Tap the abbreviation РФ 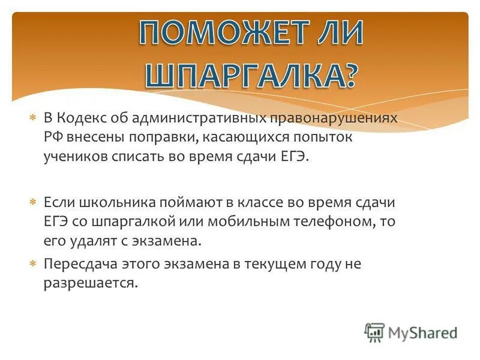pos(52,137)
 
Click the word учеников pos(74,156)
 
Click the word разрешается pos(90,283)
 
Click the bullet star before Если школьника pos(34,203)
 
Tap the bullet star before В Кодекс pos(34,118)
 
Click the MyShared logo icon pos(374,332)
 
